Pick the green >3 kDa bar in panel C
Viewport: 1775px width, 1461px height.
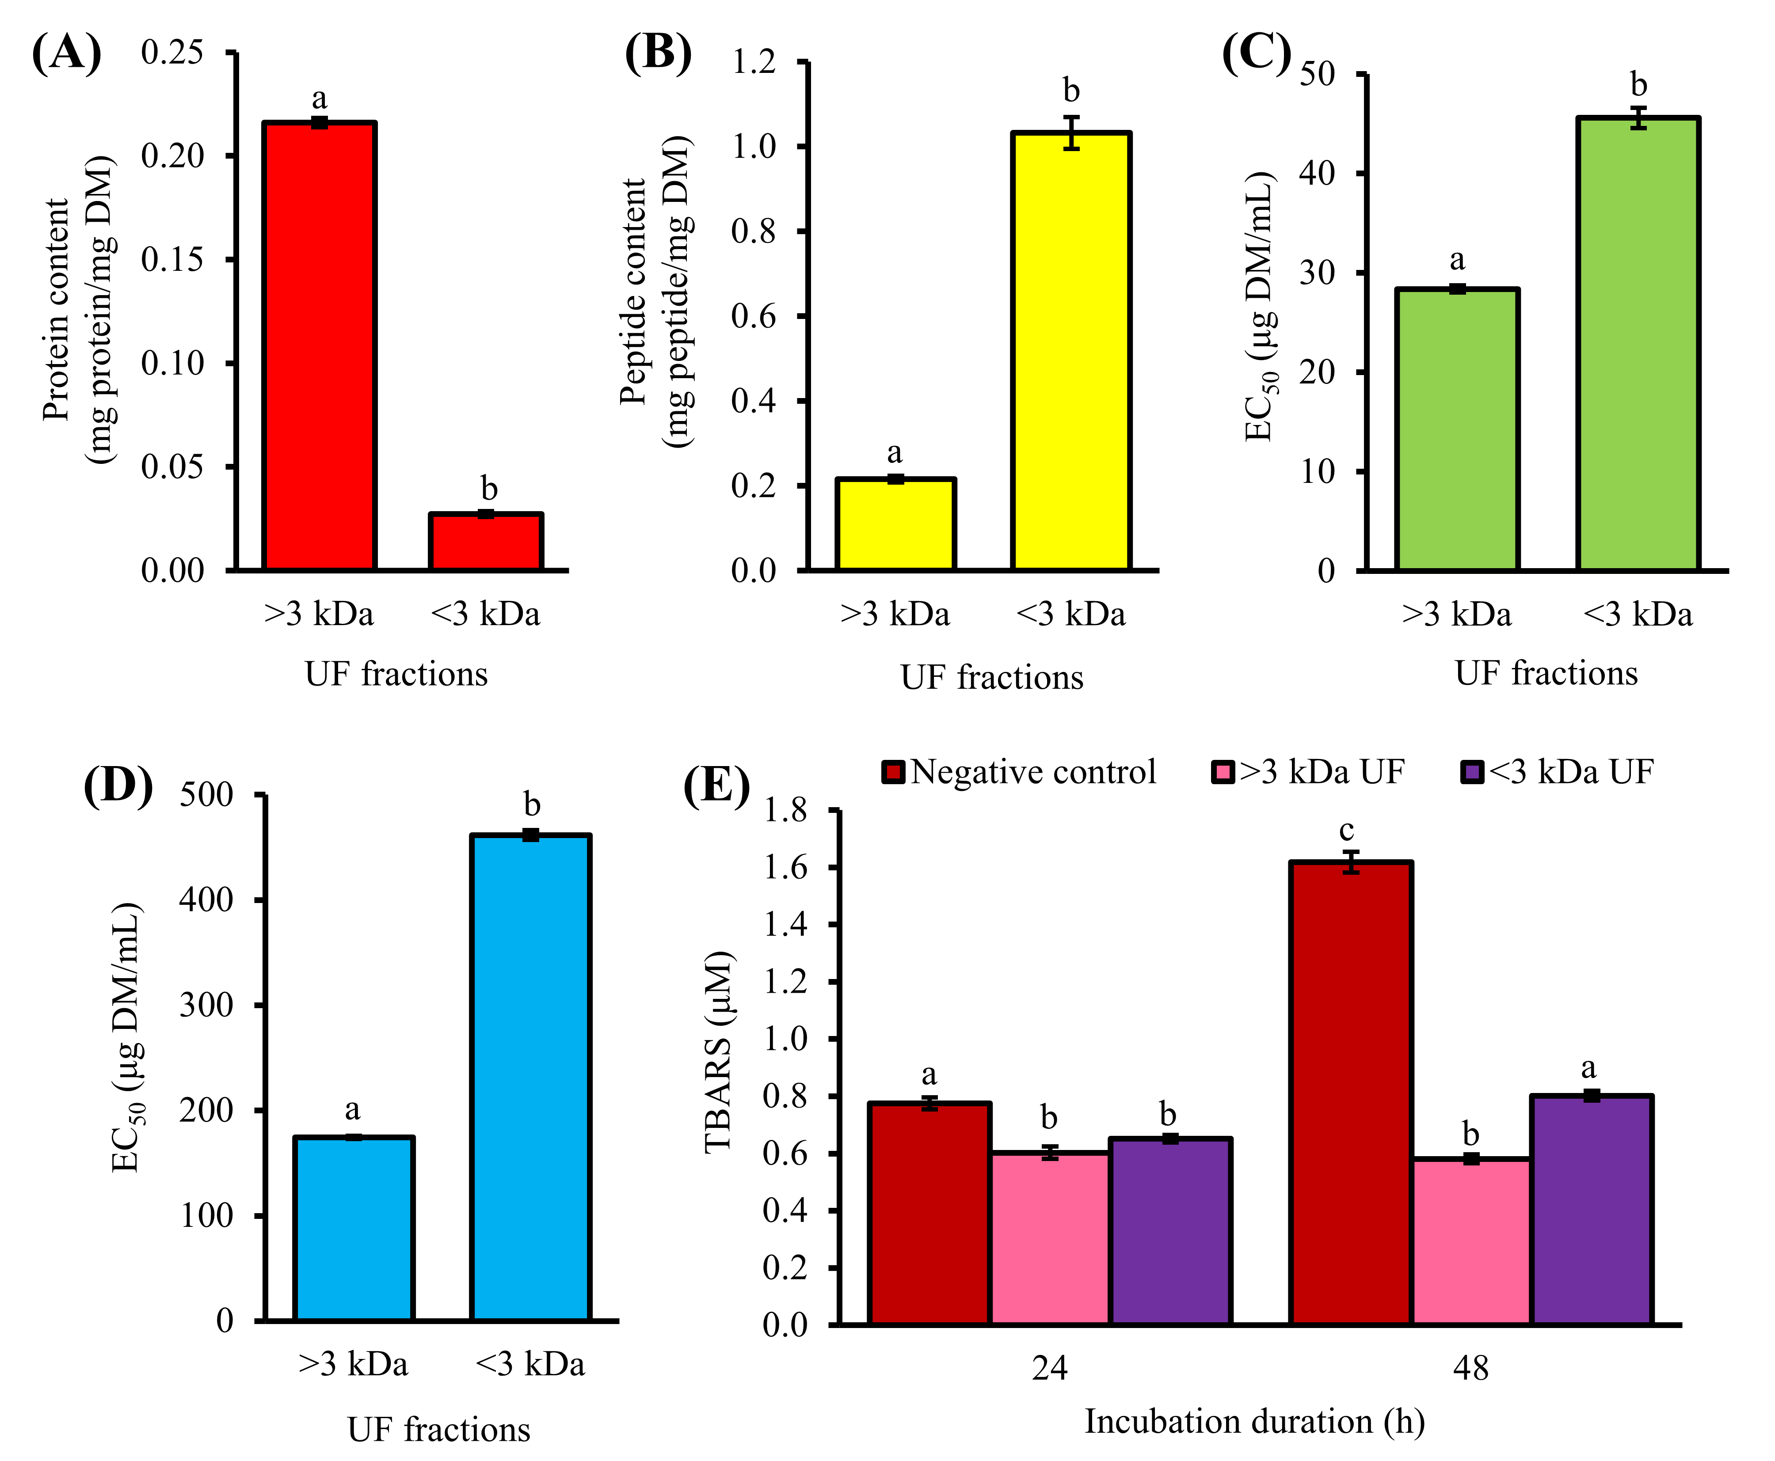(1457, 430)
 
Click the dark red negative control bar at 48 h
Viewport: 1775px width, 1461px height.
(1351, 1094)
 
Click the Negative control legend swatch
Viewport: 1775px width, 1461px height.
(892, 772)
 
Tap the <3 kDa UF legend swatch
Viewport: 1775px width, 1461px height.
(1472, 772)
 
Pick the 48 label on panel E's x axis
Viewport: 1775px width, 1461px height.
(1471, 1368)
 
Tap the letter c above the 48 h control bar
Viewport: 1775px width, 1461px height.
(1347, 831)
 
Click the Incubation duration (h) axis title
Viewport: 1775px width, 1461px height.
(1255, 1421)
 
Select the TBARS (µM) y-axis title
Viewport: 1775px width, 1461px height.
(718, 1052)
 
